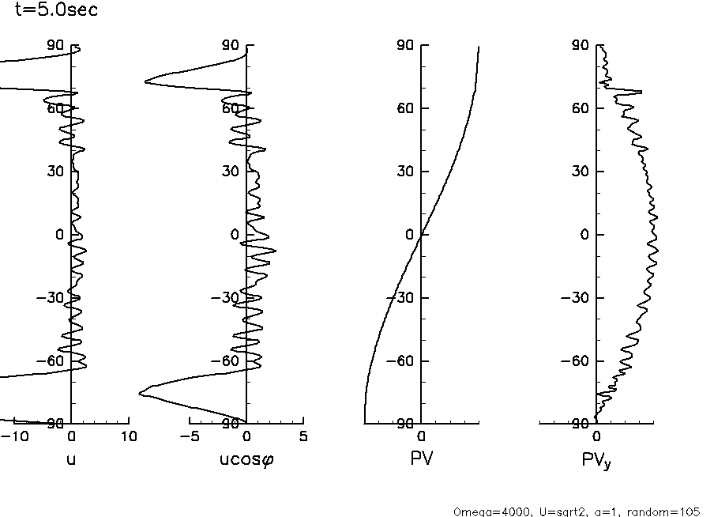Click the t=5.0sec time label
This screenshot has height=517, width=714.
pos(57,11)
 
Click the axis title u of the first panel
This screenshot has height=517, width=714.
pos(71,459)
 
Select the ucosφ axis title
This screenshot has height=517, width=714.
pos(247,459)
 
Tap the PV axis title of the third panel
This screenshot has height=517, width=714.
pos(421,459)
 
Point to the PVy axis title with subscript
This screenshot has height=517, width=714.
pos(596,460)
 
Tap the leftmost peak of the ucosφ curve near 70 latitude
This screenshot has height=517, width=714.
pos(145,81)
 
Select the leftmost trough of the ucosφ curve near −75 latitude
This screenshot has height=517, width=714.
pos(140,393)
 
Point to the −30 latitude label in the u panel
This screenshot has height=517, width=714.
pos(55,298)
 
